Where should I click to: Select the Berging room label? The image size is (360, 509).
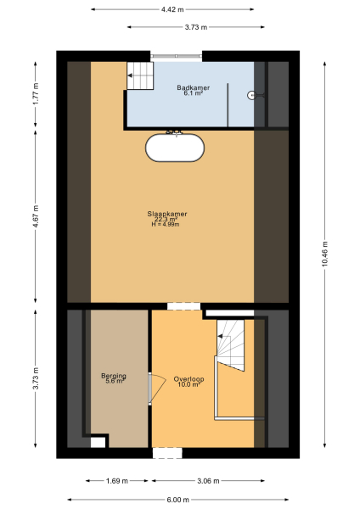[113, 376]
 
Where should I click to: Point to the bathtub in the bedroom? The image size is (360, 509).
[175, 148]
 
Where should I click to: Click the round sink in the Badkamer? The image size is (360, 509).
[252, 96]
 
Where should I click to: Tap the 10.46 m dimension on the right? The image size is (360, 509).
[323, 252]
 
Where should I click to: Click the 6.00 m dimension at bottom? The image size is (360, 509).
[179, 500]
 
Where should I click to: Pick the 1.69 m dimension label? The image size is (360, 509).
[118, 480]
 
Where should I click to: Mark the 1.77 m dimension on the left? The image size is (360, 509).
[35, 91]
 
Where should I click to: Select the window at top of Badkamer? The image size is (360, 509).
[177, 59]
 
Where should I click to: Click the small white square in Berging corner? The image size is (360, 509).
[98, 442]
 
